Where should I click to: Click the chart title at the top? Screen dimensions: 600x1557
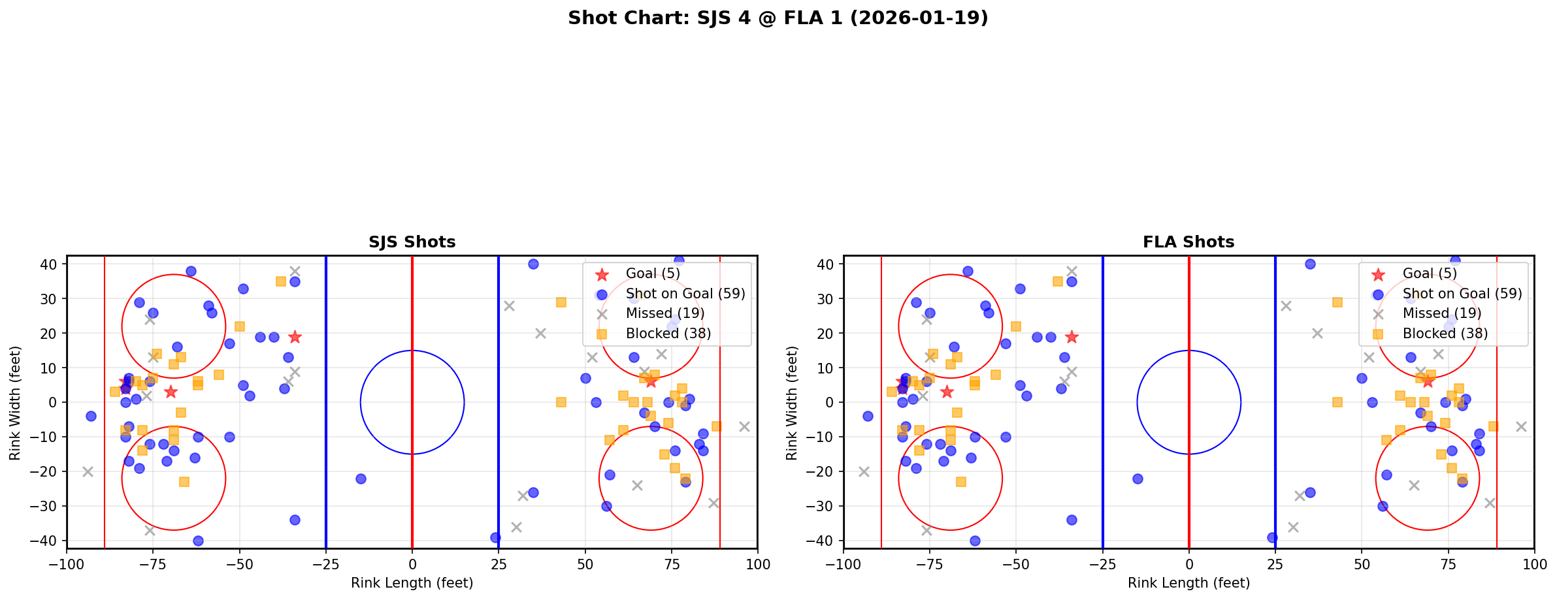(x=778, y=18)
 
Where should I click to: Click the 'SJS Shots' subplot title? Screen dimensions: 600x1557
(x=412, y=242)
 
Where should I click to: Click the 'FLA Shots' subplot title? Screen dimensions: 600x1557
(x=1188, y=242)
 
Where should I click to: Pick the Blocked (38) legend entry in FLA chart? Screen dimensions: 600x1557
(x=1445, y=334)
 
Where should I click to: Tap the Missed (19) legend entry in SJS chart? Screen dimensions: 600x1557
(x=664, y=313)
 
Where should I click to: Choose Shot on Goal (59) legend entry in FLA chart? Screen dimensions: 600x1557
(x=1462, y=294)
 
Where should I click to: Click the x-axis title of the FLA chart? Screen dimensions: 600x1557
(x=1188, y=583)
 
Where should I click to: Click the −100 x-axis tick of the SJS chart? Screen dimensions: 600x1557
(x=67, y=564)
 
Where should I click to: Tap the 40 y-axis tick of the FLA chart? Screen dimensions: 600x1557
(x=826, y=264)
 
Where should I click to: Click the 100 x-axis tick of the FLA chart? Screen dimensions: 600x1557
(x=1533, y=564)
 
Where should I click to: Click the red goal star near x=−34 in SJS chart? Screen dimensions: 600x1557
(x=295, y=337)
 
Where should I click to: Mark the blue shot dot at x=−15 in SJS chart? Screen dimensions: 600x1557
(x=361, y=479)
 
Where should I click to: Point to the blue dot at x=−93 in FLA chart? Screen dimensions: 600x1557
(x=868, y=416)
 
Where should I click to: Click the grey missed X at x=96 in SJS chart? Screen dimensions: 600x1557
(x=744, y=426)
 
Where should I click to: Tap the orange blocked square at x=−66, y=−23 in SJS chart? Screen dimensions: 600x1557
(x=184, y=482)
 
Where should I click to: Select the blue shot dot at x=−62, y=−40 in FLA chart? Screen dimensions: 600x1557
(x=975, y=541)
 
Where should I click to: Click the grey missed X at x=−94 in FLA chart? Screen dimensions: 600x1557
(x=864, y=471)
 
